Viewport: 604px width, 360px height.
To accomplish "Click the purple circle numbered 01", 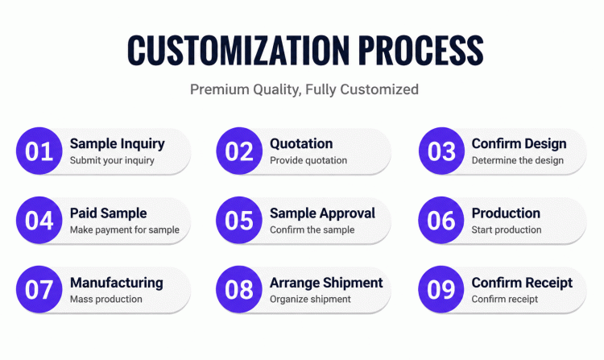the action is [x=39, y=151].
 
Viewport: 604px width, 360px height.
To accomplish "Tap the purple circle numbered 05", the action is [x=239, y=220].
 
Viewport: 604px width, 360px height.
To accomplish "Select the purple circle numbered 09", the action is [x=441, y=290].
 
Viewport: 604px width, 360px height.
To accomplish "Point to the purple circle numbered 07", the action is [x=39, y=290].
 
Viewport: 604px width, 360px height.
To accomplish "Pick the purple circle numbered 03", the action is [x=441, y=151].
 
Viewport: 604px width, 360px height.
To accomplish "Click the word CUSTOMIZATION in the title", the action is [x=238, y=50].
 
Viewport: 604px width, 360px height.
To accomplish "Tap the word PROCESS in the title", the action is [x=420, y=50].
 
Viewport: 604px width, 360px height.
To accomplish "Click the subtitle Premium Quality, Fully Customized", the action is [x=304, y=89].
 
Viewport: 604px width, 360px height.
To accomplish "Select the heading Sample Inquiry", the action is [x=117, y=144].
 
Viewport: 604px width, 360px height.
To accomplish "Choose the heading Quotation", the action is [x=301, y=143].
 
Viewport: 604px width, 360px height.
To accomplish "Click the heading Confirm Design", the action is [x=519, y=143].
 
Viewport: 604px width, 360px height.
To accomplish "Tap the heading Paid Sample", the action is [x=108, y=213].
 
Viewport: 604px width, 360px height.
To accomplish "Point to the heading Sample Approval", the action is [x=322, y=213].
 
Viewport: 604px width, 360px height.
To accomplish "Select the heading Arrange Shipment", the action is [x=326, y=283].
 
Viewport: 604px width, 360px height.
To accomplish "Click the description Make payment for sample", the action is [x=125, y=230].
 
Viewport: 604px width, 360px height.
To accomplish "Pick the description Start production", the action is [x=507, y=230].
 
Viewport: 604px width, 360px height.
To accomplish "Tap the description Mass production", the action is [x=106, y=299].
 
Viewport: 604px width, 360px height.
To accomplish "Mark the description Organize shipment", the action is [x=310, y=299].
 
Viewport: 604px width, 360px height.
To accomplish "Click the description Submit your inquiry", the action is [x=112, y=160].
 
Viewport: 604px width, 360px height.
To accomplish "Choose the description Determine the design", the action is [x=518, y=160].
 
